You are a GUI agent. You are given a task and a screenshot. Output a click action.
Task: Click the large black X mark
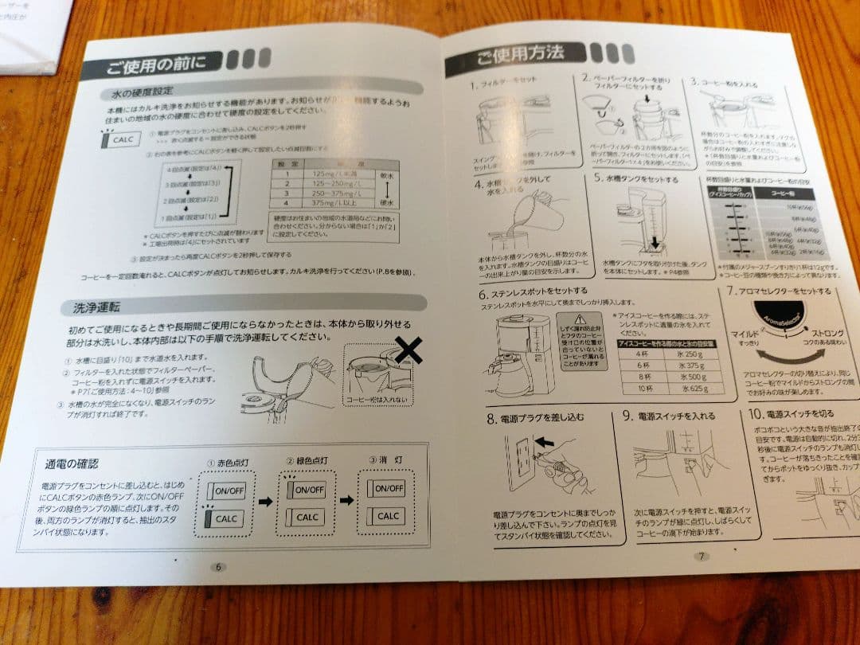408,350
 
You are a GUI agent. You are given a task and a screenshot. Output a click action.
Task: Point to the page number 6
217,567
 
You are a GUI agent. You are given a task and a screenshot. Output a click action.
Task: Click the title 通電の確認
72,463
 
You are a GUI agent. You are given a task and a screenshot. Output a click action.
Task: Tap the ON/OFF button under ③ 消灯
388,488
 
